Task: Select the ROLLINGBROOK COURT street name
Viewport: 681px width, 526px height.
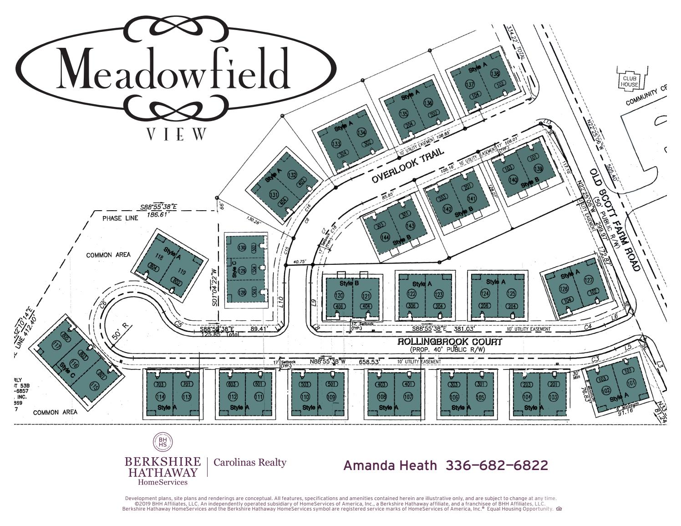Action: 449,342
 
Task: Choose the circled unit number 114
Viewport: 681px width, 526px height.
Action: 160,396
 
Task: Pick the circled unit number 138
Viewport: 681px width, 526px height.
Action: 495,74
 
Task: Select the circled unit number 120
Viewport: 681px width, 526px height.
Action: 339,296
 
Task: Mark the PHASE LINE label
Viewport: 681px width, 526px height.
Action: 120,218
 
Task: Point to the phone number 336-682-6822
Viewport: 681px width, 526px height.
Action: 497,465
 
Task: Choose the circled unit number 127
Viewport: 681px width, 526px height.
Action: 588,281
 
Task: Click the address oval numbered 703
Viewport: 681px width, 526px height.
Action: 160,384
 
